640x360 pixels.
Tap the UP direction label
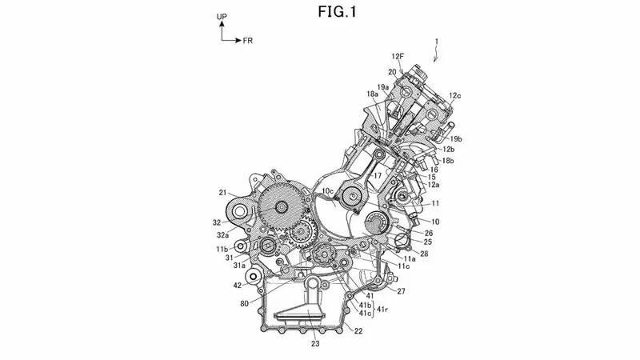pyautogui.click(x=221, y=17)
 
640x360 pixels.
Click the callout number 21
pyautogui.click(x=224, y=192)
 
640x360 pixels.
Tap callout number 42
pyautogui.click(x=238, y=285)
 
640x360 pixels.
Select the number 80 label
pyautogui.click(x=243, y=303)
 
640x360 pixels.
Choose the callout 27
pyautogui.click(x=401, y=291)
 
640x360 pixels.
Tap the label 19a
pyautogui.click(x=383, y=86)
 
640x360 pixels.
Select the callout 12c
pyautogui.click(x=454, y=96)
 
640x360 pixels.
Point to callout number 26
pyautogui.click(x=429, y=233)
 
